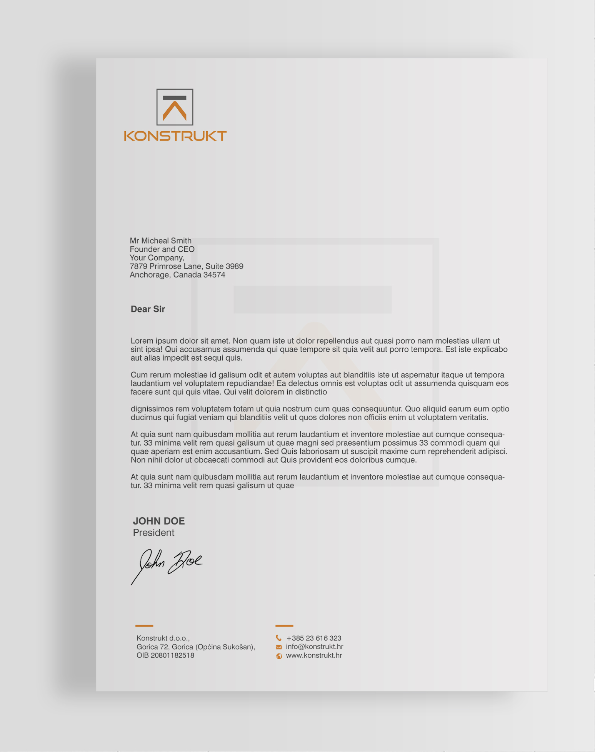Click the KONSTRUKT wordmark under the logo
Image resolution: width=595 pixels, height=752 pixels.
(175, 136)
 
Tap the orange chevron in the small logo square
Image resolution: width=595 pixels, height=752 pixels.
(175, 110)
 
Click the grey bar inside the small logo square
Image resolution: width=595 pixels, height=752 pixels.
(175, 98)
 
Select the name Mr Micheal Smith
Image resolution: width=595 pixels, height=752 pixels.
(160, 241)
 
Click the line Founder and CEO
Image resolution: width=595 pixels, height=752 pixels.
(162, 249)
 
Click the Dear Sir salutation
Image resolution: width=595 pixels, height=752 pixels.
(148, 309)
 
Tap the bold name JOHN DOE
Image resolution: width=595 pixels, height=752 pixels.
(159, 521)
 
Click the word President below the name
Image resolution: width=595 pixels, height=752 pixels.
(153, 533)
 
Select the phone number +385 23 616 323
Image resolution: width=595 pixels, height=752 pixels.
(314, 638)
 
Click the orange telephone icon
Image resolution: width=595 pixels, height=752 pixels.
(279, 638)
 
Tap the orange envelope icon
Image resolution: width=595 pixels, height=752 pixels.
(279, 647)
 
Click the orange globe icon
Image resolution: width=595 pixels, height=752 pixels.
(279, 656)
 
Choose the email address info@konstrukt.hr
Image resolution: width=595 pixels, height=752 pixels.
(315, 647)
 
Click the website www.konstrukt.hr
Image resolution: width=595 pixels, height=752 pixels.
(314, 655)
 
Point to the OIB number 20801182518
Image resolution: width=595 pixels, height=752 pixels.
(172, 655)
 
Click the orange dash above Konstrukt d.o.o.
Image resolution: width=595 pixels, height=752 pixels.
(144, 626)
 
